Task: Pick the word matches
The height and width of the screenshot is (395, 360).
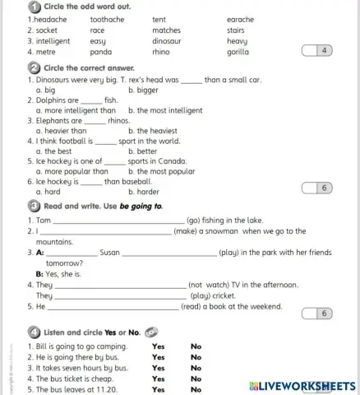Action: (166, 30)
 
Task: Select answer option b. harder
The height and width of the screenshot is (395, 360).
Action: (143, 191)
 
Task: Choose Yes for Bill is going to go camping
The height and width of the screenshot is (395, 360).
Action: (158, 346)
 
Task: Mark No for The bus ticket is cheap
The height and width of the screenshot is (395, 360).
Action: (196, 379)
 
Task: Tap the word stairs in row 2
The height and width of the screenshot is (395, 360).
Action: (236, 30)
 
